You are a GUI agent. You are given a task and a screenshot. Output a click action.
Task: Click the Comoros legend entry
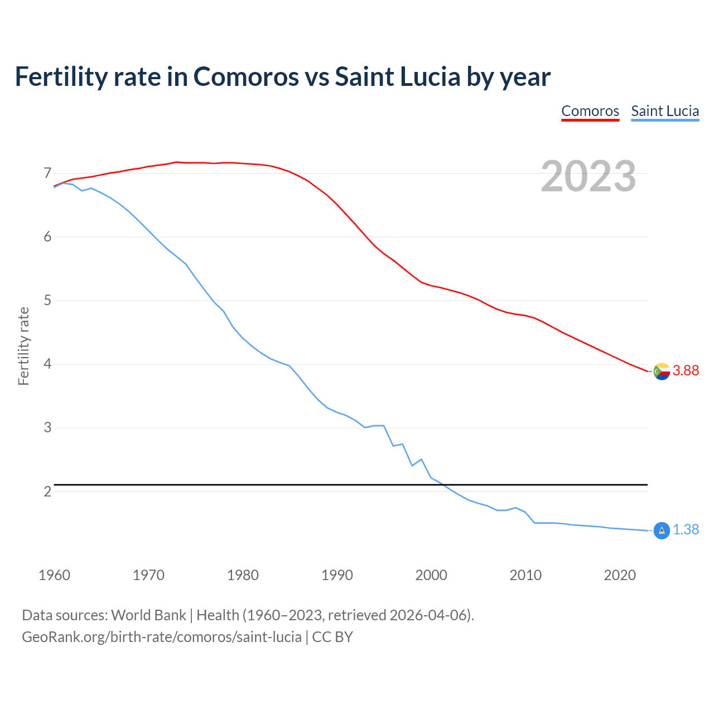coord(590,111)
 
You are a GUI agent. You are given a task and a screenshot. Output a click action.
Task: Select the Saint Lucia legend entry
coord(665,111)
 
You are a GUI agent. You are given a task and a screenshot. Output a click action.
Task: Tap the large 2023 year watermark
coord(588,176)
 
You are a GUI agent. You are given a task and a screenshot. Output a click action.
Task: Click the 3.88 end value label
coord(686,371)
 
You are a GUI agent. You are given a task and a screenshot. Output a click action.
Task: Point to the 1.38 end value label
coord(686,530)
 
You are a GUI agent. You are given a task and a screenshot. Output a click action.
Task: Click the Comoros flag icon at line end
coord(662,371)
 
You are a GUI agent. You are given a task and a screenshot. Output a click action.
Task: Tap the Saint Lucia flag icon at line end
coord(662,530)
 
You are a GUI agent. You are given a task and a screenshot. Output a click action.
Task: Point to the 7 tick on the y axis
coord(47,173)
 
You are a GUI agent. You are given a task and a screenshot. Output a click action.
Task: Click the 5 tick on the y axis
coord(47,301)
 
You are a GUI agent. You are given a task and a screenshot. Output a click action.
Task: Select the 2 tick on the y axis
coord(47,491)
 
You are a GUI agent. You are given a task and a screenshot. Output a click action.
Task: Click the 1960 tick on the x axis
coord(54,575)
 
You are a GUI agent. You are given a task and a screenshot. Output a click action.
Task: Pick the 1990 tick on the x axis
coord(337,575)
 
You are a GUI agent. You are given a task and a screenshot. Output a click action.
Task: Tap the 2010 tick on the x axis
coord(525,575)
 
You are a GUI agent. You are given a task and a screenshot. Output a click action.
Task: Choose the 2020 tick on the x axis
coord(620,575)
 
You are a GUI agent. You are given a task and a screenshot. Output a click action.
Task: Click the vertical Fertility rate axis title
coord(23,346)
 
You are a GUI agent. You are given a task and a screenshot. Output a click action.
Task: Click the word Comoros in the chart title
coord(246,77)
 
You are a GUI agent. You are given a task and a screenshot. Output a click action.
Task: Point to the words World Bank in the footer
coord(148,615)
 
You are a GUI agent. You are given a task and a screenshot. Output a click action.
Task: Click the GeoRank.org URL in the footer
coord(162,637)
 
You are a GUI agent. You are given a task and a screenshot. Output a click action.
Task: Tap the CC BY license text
coord(332,637)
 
